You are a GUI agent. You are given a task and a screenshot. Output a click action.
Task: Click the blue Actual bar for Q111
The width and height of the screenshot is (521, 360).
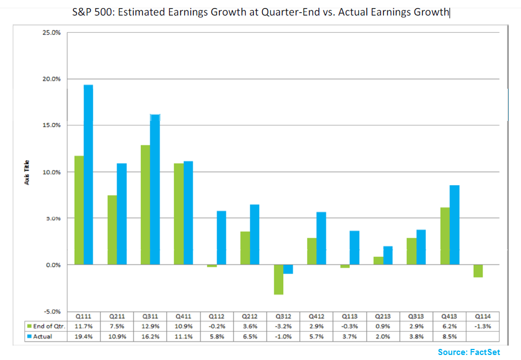[x=88, y=175]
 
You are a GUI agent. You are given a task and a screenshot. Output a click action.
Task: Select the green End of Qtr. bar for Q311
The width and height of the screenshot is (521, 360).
[x=146, y=205]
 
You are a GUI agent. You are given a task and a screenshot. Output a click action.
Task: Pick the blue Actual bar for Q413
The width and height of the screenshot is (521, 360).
[x=454, y=225]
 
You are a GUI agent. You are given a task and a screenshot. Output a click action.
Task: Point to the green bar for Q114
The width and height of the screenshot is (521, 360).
[x=478, y=271]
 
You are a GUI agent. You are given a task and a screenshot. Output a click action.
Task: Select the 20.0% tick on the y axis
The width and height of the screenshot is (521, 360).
[x=52, y=79]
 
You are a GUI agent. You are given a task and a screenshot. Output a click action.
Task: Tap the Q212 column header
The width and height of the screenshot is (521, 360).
[x=250, y=316]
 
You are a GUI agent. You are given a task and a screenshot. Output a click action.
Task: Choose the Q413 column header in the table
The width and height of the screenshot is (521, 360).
[x=450, y=316]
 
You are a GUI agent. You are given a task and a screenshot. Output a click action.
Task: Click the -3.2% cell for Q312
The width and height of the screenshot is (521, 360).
[x=283, y=326]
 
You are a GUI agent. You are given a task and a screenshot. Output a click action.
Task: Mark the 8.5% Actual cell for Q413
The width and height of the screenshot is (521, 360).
[x=450, y=336]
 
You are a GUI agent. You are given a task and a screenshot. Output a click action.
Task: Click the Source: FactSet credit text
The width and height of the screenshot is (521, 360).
[x=469, y=352]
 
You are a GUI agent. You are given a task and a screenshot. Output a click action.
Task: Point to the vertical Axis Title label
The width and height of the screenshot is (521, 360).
[x=27, y=172]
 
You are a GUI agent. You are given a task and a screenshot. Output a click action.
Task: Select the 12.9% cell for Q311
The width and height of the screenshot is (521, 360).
[x=150, y=326]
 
